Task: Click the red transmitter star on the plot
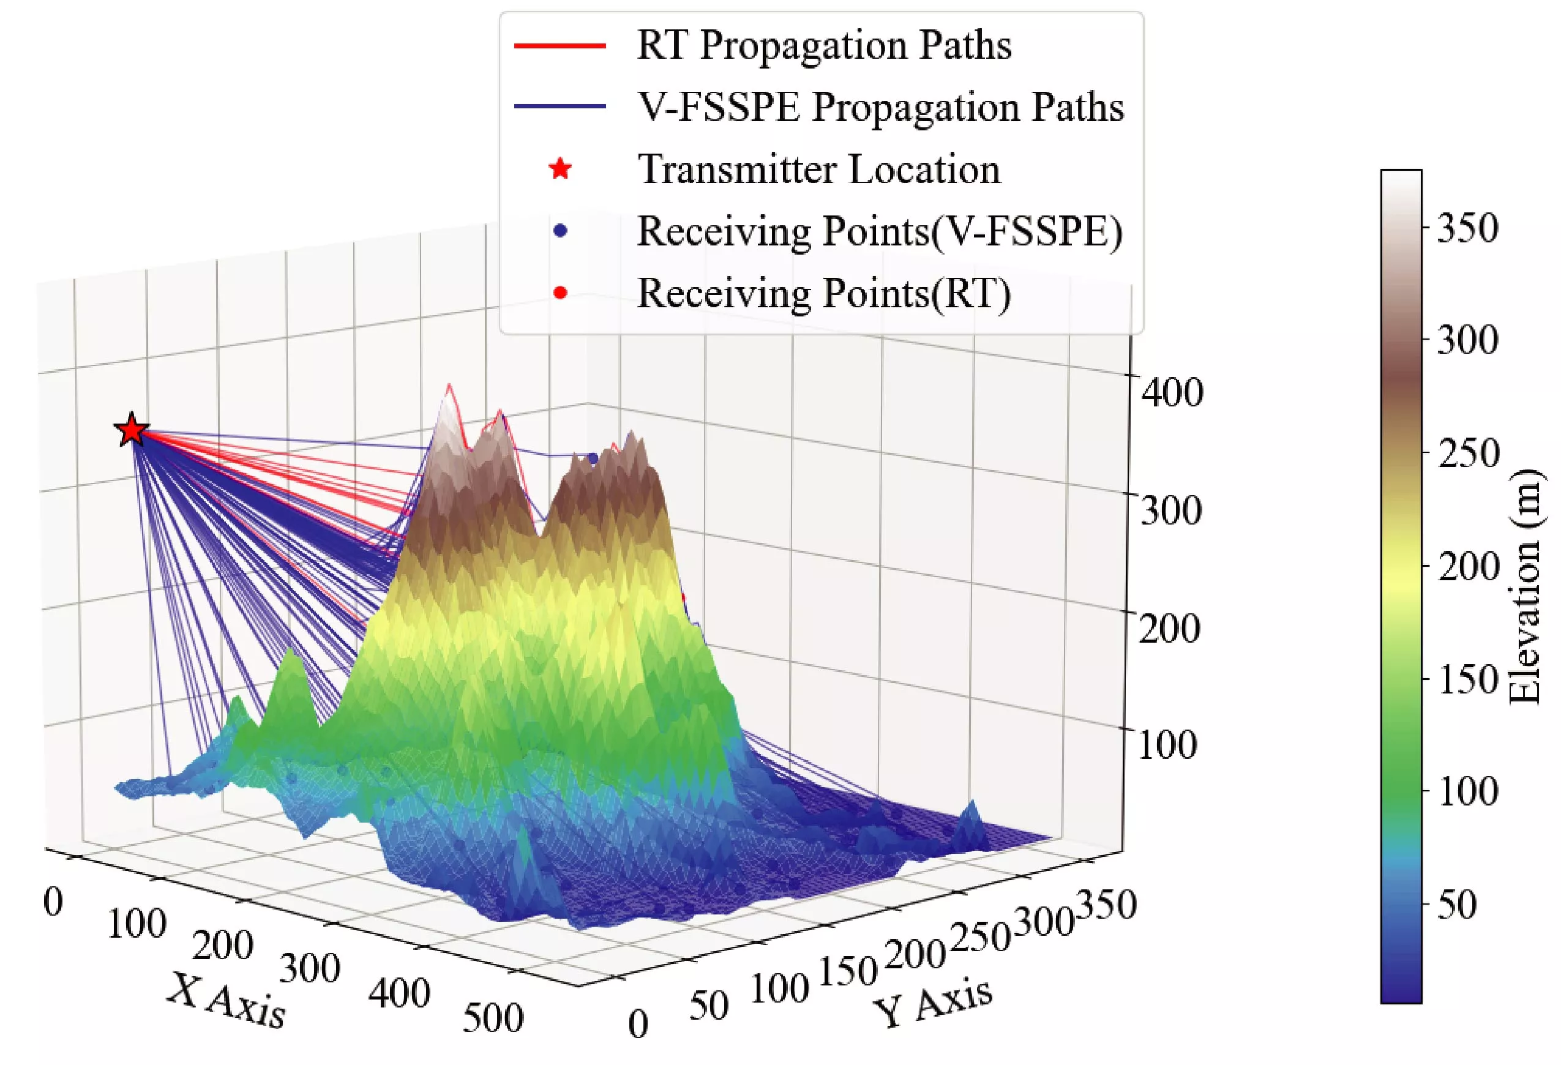click(132, 430)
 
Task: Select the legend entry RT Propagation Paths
click(823, 46)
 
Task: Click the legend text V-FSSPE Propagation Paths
click(880, 108)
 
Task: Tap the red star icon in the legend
click(560, 169)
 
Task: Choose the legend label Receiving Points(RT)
click(823, 293)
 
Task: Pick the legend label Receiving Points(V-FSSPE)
click(879, 231)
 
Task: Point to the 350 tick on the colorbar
click(1467, 228)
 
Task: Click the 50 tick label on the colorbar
click(1456, 904)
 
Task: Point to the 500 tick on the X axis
click(493, 1017)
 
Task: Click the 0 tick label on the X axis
click(53, 902)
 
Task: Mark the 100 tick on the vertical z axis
click(1167, 745)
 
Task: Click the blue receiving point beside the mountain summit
click(593, 458)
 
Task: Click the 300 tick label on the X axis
click(310, 969)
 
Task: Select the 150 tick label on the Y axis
click(848, 972)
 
